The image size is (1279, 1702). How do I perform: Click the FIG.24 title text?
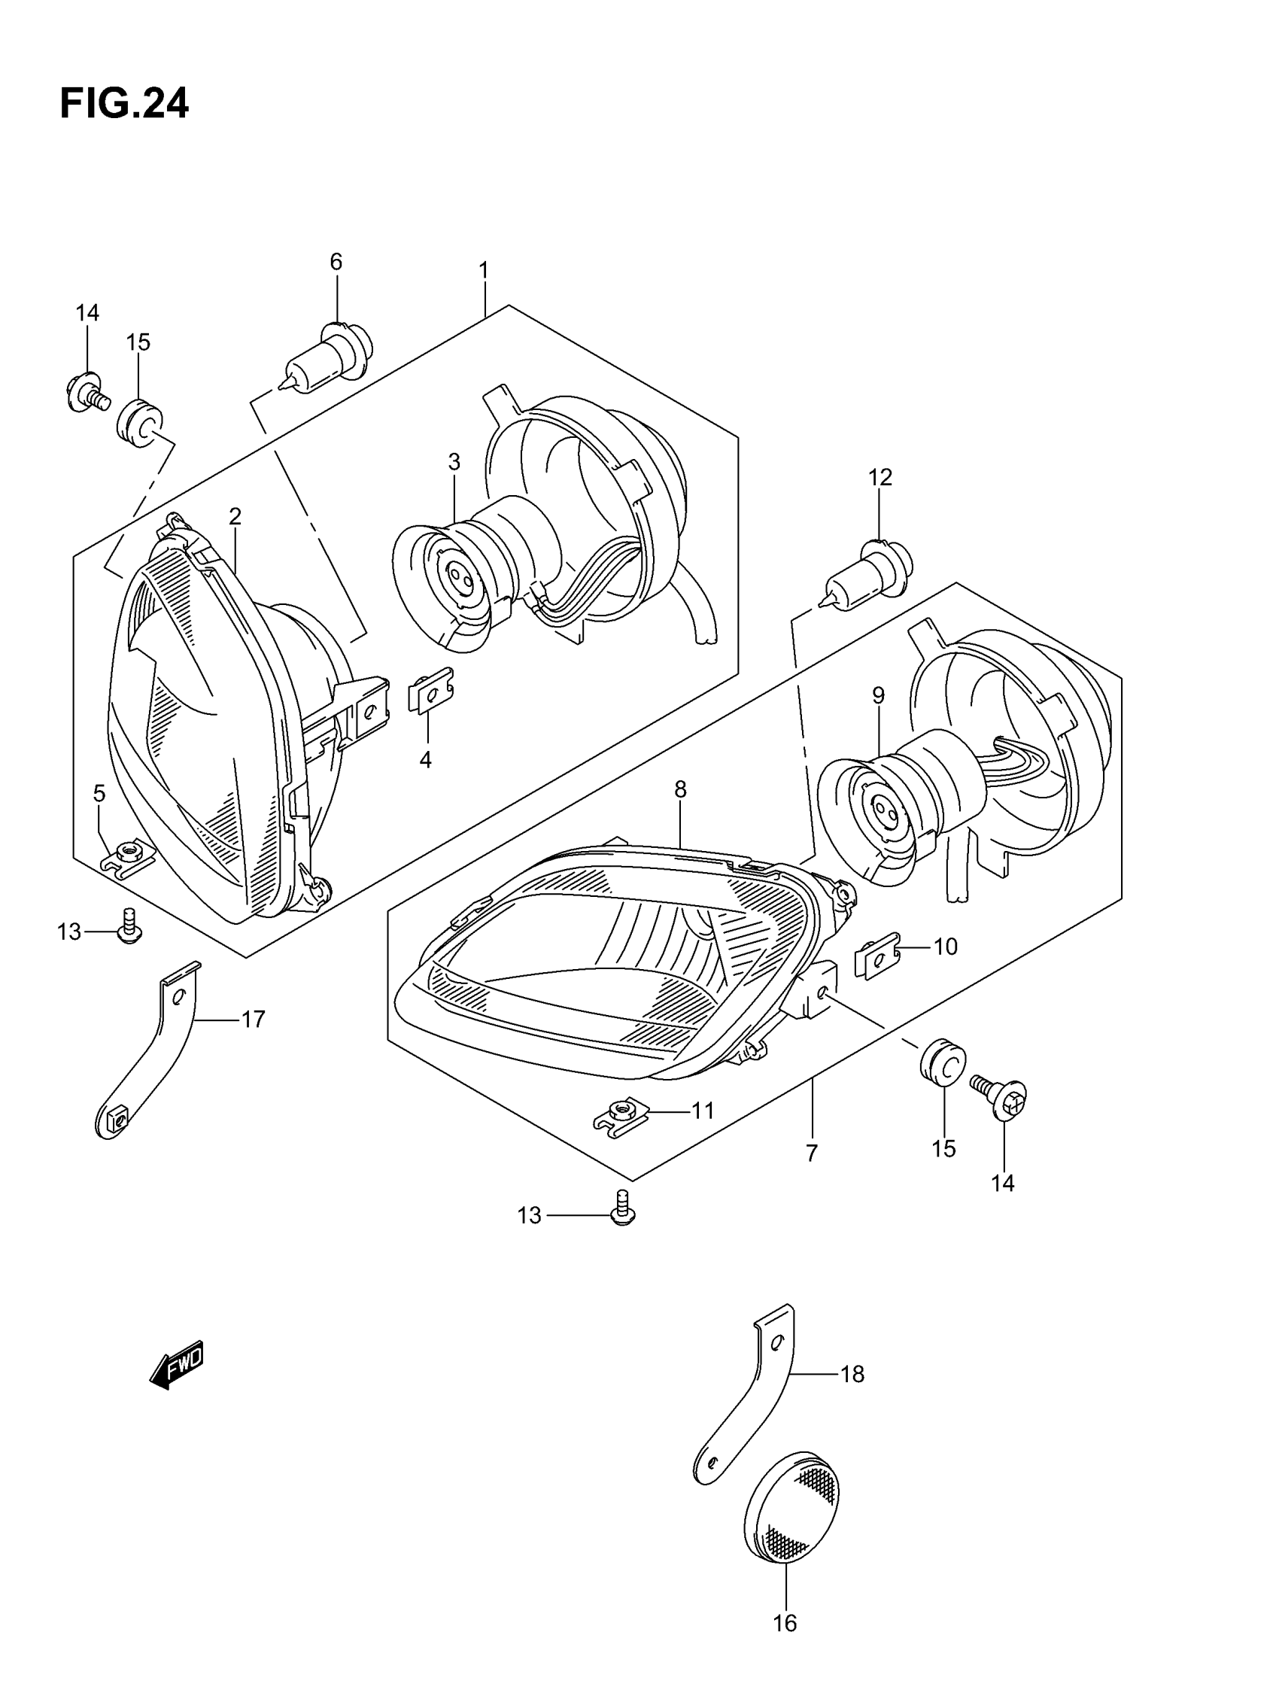pos(124,104)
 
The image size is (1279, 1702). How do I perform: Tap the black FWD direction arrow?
pos(177,1366)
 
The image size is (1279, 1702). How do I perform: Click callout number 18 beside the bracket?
pos(852,1373)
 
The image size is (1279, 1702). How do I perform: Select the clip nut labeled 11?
pos(621,1116)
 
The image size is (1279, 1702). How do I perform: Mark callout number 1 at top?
pos(483,270)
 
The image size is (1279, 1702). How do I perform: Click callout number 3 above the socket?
pos(454,462)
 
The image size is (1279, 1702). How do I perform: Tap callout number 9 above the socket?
pos(878,695)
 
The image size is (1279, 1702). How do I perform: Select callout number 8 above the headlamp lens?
pos(680,789)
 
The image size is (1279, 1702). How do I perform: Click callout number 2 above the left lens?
pos(235,515)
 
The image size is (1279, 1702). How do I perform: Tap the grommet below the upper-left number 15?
pos(140,421)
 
